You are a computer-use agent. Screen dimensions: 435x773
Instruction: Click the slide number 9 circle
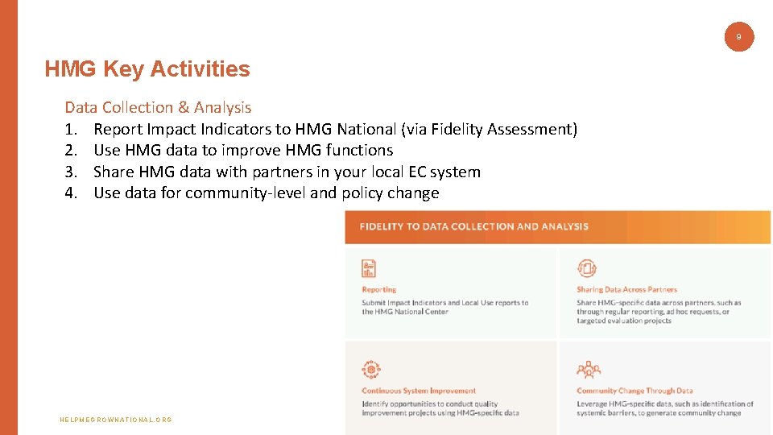point(739,36)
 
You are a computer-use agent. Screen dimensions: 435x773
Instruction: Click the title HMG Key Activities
point(147,69)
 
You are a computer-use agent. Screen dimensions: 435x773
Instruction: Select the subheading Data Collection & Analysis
point(158,107)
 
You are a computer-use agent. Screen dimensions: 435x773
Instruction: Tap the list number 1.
point(71,129)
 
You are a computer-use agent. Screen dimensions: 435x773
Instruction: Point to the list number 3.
point(71,172)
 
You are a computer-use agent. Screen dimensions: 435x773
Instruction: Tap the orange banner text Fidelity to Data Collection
point(474,226)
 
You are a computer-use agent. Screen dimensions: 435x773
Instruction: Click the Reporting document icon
point(369,269)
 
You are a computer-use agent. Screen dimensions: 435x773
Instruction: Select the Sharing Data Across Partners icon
point(587,269)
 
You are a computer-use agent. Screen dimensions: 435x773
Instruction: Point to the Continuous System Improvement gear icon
point(370,370)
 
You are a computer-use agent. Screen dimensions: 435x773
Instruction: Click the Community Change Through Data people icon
point(588,370)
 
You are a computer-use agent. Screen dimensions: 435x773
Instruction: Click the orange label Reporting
point(378,289)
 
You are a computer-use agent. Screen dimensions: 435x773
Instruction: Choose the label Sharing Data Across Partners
point(626,289)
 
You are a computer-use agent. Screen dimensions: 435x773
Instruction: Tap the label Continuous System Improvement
point(419,391)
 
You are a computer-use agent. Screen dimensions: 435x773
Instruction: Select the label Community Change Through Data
point(635,391)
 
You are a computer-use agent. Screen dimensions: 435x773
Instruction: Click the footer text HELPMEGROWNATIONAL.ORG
point(116,420)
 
